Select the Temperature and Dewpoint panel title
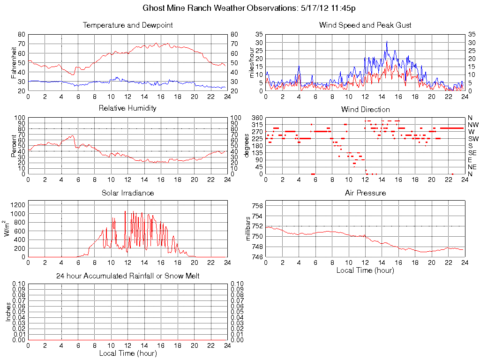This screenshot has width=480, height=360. tap(127, 25)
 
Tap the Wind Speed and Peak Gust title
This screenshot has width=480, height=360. tap(365, 25)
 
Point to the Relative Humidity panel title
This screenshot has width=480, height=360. tap(127, 108)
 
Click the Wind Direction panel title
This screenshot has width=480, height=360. tap(365, 109)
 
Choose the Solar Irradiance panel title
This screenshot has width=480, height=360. tap(127, 193)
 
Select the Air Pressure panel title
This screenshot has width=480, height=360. tap(365, 193)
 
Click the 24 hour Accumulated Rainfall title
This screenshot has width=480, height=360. tap(127, 276)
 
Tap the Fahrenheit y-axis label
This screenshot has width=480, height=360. tap(14, 62)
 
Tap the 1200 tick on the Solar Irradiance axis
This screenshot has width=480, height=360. tap(18, 205)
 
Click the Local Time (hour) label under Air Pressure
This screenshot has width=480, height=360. tap(365, 270)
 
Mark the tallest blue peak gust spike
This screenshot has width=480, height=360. tap(387, 42)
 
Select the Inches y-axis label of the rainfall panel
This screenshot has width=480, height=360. tap(8, 312)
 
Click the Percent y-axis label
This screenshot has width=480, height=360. tap(14, 146)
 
